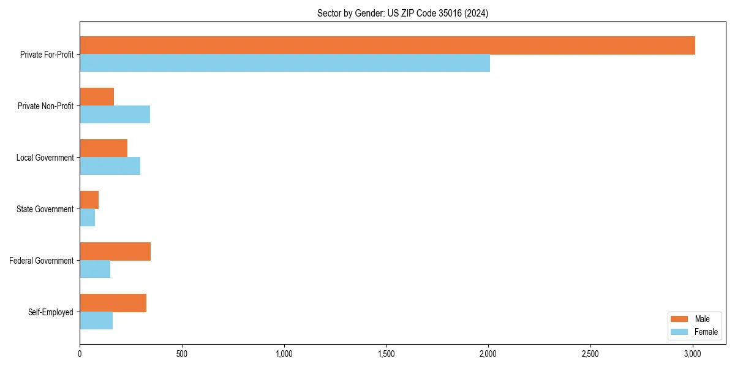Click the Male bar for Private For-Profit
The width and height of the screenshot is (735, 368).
tap(387, 45)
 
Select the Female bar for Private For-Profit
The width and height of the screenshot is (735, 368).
tap(285, 63)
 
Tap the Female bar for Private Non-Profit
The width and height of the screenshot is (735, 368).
tap(115, 115)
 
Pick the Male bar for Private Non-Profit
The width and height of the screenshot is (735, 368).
tap(97, 97)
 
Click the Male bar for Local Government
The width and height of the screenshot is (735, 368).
tap(104, 148)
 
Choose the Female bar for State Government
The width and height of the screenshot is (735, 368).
tap(87, 218)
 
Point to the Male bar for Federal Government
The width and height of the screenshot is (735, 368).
tap(115, 251)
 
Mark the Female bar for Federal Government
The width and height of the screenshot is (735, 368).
tap(95, 269)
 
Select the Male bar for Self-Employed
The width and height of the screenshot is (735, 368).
tap(113, 303)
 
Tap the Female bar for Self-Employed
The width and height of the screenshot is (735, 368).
tap(96, 321)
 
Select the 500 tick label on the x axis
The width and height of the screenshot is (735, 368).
tap(182, 354)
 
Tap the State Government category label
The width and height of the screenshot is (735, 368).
tap(45, 209)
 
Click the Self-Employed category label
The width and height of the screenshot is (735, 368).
tap(50, 312)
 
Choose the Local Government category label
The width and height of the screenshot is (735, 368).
tap(45, 158)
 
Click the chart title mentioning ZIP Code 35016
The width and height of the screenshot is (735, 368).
tap(402, 13)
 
